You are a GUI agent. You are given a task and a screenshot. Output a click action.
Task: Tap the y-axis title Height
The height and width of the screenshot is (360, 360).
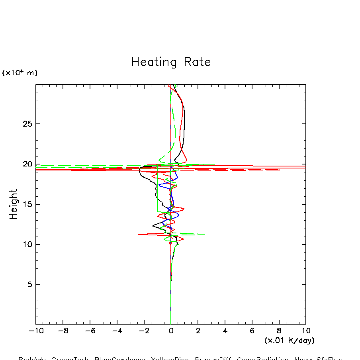coord(14,204)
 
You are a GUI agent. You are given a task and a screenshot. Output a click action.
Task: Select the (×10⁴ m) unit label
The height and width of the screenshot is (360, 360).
coord(20,73)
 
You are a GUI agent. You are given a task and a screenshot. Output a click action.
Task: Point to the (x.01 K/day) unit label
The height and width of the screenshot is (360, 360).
coord(289,340)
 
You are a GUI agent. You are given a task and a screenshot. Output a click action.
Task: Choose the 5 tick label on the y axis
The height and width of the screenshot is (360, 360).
coord(29,285)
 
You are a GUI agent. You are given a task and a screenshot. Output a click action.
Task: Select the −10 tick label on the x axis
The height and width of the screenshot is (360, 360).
coord(36,331)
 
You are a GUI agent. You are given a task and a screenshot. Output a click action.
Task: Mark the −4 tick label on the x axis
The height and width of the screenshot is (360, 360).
coord(117,331)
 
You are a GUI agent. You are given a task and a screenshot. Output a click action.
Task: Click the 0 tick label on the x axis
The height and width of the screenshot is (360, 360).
coord(171,331)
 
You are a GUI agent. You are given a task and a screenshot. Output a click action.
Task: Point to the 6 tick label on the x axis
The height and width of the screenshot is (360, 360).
coord(252,331)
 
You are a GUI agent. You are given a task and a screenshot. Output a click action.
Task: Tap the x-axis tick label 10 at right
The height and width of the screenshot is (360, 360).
coord(306,331)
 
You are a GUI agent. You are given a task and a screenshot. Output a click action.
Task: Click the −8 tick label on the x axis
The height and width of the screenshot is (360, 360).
coord(63,331)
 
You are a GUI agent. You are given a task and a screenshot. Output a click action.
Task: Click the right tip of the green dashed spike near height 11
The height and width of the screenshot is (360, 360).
coord(205,234)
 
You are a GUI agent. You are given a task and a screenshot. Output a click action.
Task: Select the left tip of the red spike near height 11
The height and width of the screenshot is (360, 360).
coord(138,234)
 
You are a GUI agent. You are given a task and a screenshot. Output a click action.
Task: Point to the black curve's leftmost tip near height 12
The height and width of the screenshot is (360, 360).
coord(153,226)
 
